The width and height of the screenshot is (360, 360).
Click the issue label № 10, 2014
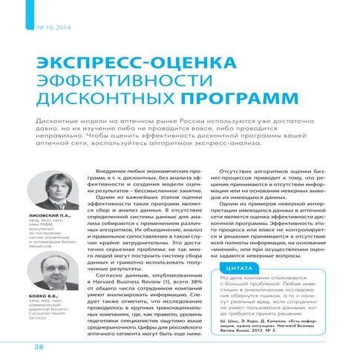(50, 27)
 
